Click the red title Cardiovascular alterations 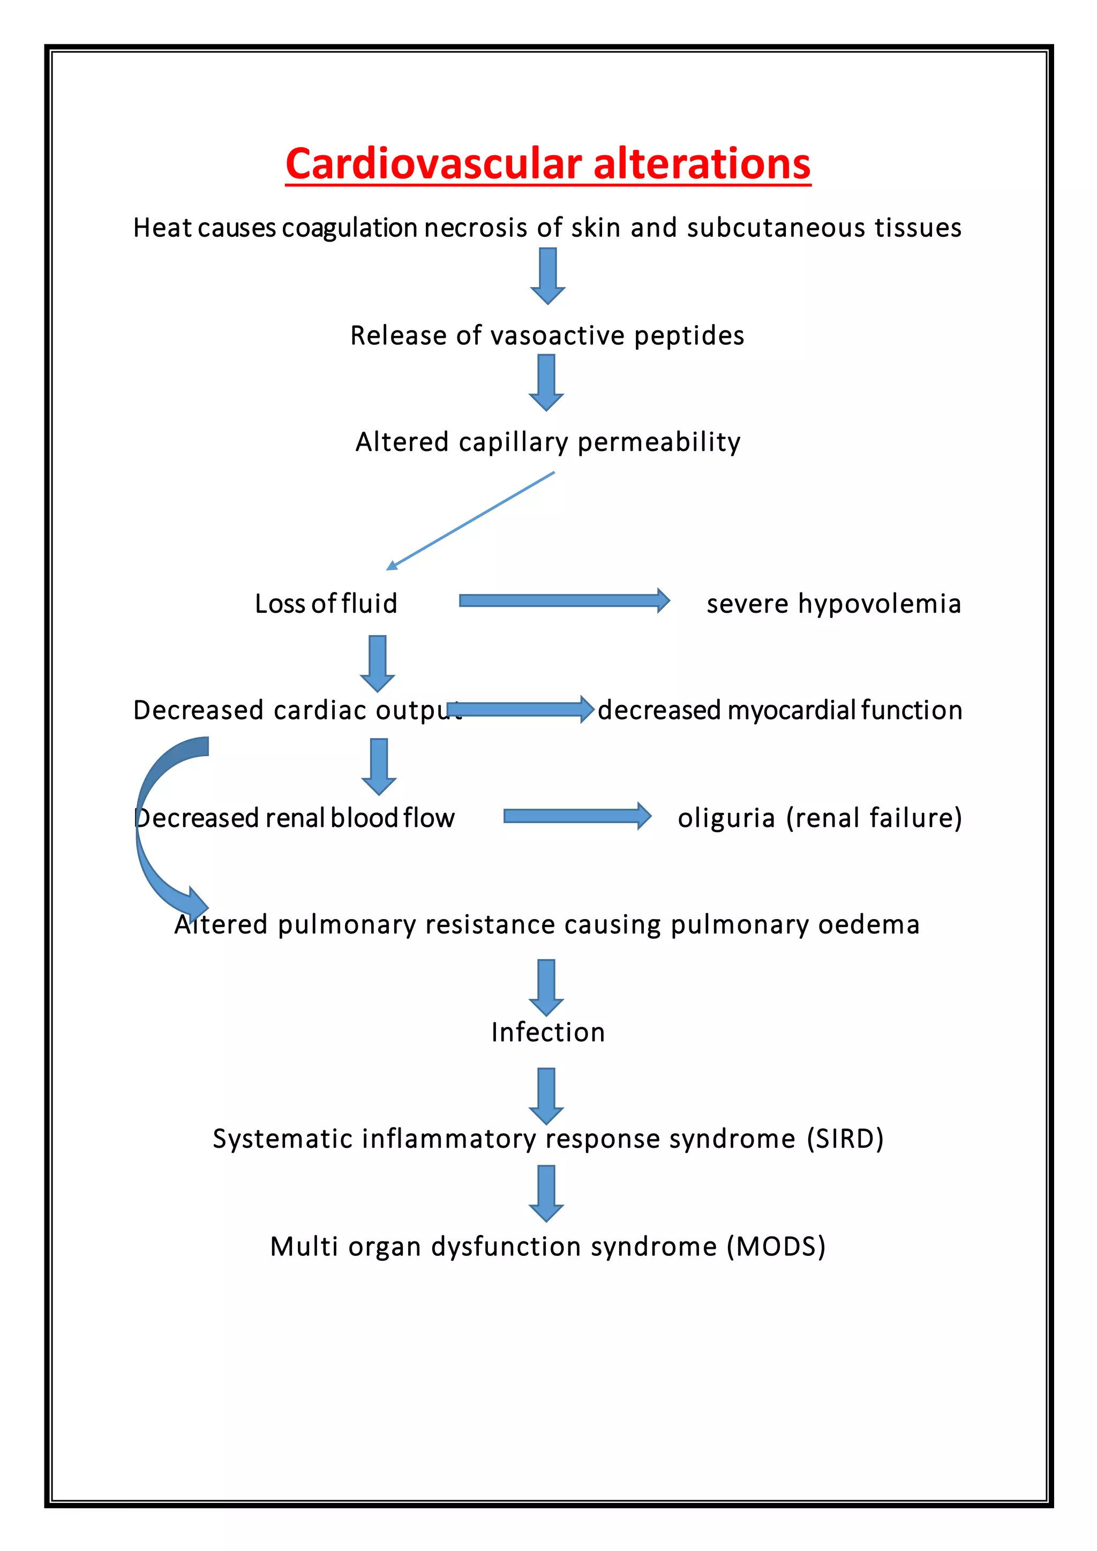pos(548,164)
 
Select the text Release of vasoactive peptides pos(547,335)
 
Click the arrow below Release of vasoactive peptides pos(546,382)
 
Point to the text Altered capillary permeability pos(548,442)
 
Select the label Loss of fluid pos(326,603)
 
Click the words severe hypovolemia pos(833,603)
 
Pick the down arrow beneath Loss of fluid pos(378,662)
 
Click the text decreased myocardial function pos(780,710)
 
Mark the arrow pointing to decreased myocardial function pos(520,709)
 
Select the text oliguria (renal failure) pos(820,817)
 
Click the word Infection pos(548,1032)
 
